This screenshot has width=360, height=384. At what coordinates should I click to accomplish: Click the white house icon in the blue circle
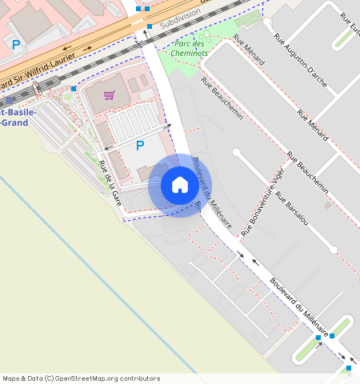tap(180, 186)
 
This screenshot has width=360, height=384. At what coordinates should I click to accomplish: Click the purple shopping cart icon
tap(109, 94)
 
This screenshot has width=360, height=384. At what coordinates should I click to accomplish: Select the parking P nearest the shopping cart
tap(140, 146)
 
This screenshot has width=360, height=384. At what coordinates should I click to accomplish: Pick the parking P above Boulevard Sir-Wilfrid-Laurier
tap(16, 45)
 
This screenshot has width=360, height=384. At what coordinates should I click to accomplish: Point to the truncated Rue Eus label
tap(349, 24)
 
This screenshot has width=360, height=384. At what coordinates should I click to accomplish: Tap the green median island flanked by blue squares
tap(334, 330)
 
